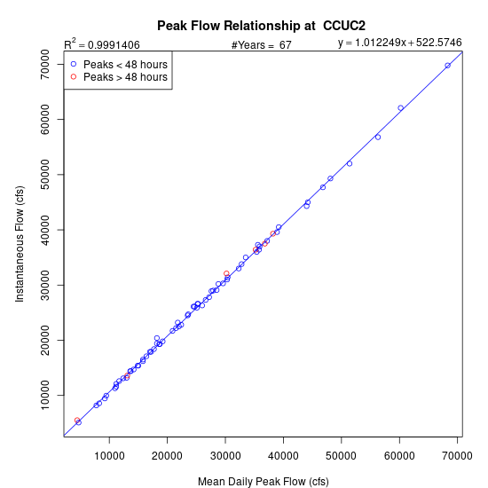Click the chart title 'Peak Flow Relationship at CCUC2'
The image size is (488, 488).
(x=261, y=26)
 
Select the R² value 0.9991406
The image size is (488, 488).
(x=114, y=45)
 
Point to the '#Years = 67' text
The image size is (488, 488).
(x=262, y=45)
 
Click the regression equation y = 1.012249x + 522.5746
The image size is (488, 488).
(x=399, y=43)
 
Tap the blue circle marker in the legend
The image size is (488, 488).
(x=74, y=64)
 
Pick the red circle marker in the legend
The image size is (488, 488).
(x=74, y=76)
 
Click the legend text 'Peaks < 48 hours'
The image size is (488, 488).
(x=125, y=65)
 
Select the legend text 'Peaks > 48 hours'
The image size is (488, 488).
(x=125, y=77)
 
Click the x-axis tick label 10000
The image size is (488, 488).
(x=109, y=456)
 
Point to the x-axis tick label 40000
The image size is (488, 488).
(x=283, y=456)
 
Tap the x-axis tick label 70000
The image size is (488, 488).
(x=457, y=456)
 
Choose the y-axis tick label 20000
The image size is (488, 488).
(x=45, y=340)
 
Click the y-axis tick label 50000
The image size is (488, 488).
(x=45, y=174)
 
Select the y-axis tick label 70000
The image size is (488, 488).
(x=45, y=64)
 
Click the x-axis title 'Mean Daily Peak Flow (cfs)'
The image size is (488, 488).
(x=264, y=482)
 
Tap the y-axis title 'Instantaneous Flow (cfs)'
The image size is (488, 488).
(x=20, y=244)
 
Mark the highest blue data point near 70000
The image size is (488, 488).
(x=447, y=66)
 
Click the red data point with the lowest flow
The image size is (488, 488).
(x=77, y=421)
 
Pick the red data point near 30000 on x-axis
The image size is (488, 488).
(x=226, y=273)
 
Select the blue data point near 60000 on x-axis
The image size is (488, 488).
(x=400, y=108)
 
